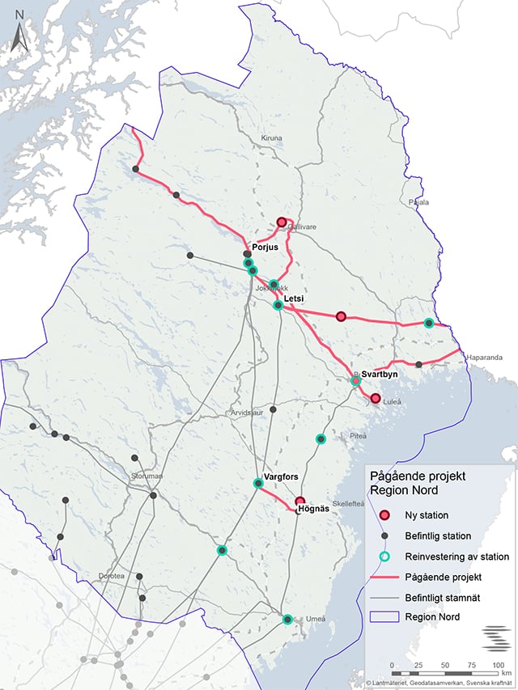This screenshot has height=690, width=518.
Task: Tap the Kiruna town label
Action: [271, 139]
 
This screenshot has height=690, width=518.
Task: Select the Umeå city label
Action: [315, 619]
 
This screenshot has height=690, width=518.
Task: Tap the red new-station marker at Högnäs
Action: [300, 502]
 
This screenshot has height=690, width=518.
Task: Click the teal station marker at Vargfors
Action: [258, 484]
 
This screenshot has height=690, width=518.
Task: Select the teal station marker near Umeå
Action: [287, 620]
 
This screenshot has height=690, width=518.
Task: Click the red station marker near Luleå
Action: [376, 398]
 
